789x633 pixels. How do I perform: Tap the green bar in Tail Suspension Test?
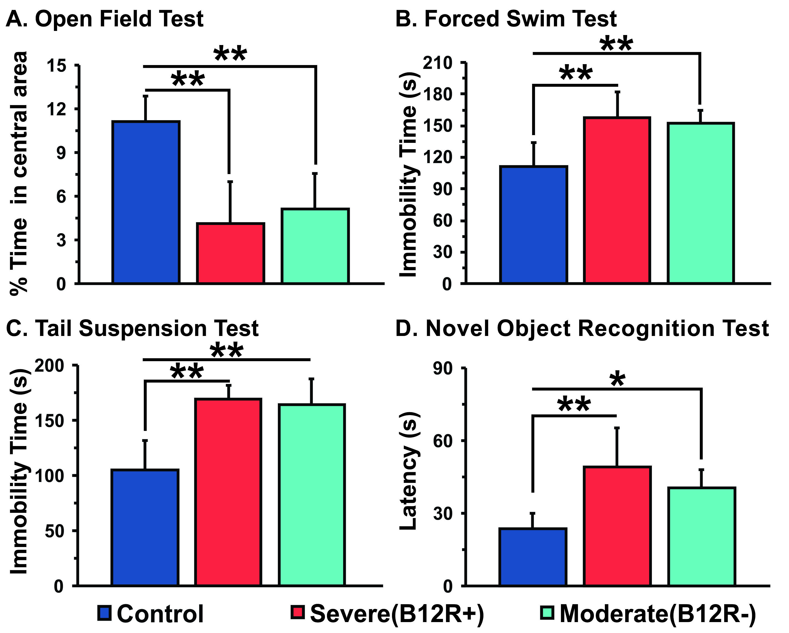point(312,495)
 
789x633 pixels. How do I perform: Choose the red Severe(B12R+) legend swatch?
point(297,612)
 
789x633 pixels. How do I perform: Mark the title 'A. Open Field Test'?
point(105,19)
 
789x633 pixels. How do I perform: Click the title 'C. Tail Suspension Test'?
point(133,328)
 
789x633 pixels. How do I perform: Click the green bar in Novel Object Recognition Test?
point(701,536)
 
